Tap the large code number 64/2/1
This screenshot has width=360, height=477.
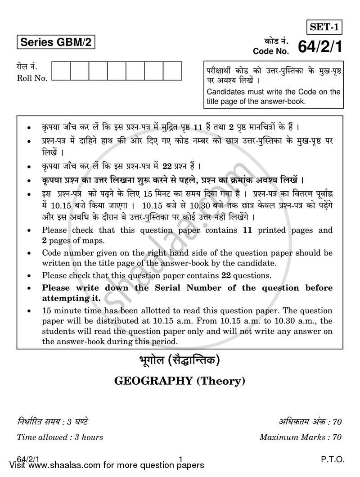320,47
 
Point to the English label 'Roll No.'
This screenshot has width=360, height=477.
32,78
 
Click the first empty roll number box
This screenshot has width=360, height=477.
61,71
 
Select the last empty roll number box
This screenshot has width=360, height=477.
172,71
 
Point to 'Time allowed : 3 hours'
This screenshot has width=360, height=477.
60,436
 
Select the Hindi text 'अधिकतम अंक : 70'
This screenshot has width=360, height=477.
310,422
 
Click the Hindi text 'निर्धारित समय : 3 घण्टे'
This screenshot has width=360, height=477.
53,422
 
